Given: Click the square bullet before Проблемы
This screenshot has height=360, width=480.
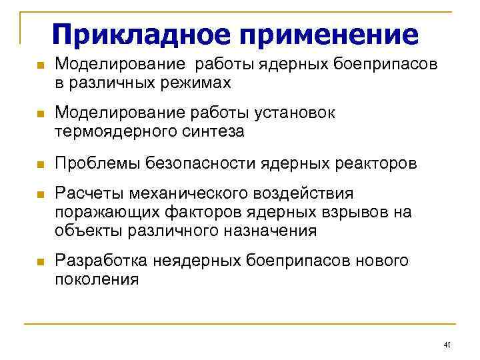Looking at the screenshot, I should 39,164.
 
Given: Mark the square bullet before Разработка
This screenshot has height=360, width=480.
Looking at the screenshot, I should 39,262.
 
